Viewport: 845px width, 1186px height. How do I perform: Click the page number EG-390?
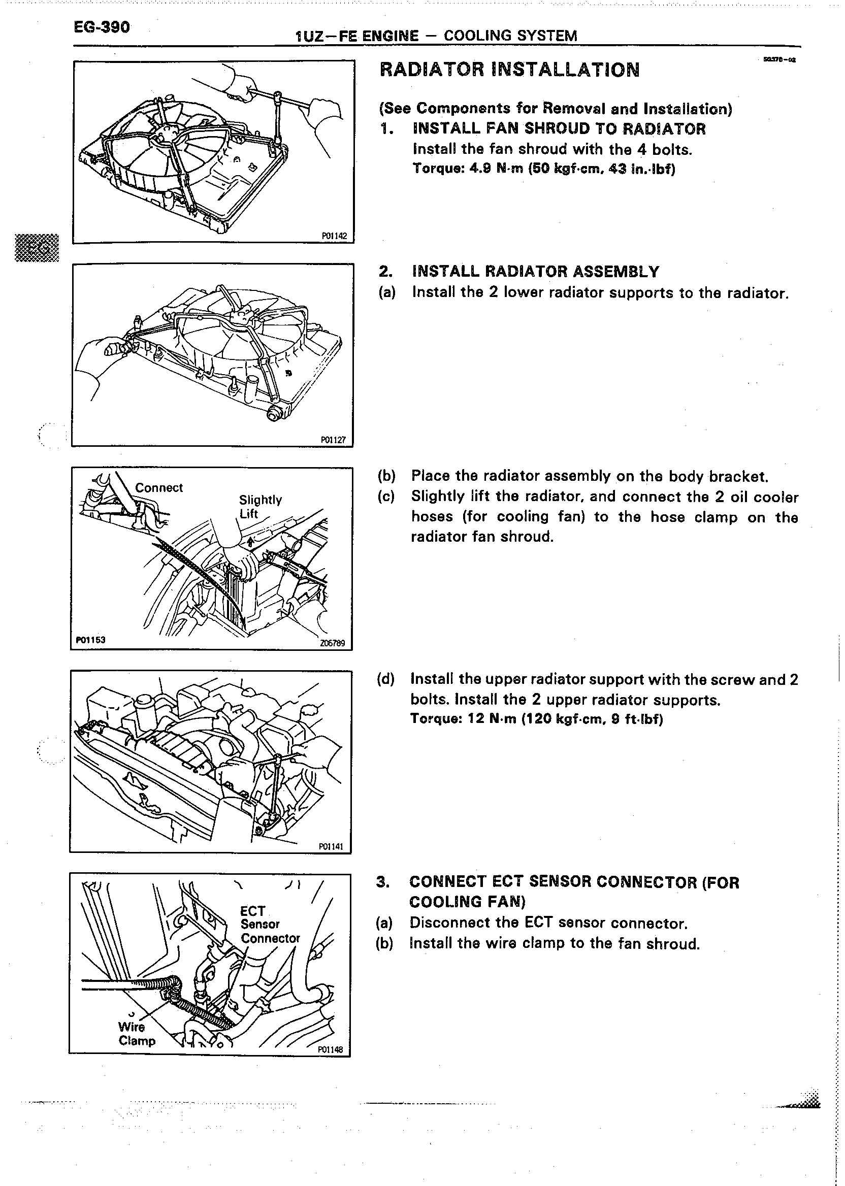tap(102, 27)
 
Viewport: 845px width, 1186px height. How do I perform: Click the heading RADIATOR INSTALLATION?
tap(509, 70)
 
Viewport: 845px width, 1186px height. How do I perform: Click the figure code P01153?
tap(91, 640)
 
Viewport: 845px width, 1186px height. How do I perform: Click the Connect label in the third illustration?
tap(159, 488)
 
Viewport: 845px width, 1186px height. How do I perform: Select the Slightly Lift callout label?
tap(259, 507)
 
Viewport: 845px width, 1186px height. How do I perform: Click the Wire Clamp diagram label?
tap(136, 1034)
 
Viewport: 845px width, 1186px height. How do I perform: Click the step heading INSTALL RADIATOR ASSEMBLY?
tap(535, 272)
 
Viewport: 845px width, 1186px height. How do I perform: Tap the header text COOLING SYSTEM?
tap(510, 36)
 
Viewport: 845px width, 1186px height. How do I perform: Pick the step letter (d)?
tap(385, 679)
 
